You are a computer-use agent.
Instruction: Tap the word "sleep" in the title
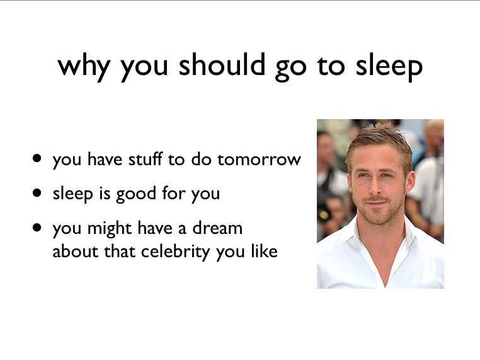[x=389, y=67]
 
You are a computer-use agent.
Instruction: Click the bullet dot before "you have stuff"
[x=37, y=158]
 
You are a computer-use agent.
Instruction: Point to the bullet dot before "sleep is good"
[x=37, y=193]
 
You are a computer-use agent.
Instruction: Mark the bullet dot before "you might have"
[x=37, y=228]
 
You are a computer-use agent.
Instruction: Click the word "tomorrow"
[x=260, y=160]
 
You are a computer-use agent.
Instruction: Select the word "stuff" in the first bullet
[x=145, y=159]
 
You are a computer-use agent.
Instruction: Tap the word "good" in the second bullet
[x=136, y=194]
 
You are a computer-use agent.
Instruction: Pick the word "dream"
[x=217, y=228]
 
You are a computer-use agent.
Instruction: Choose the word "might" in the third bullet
[x=109, y=229]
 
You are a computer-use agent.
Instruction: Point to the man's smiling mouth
[x=376, y=204]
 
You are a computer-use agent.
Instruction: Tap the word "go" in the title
[x=290, y=68]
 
